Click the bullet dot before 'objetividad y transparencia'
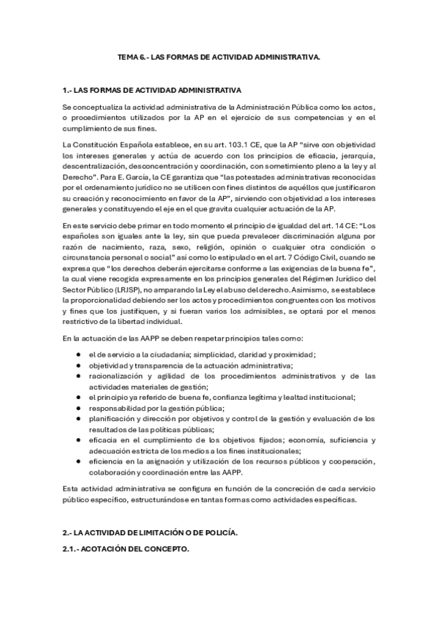click(78, 365)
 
